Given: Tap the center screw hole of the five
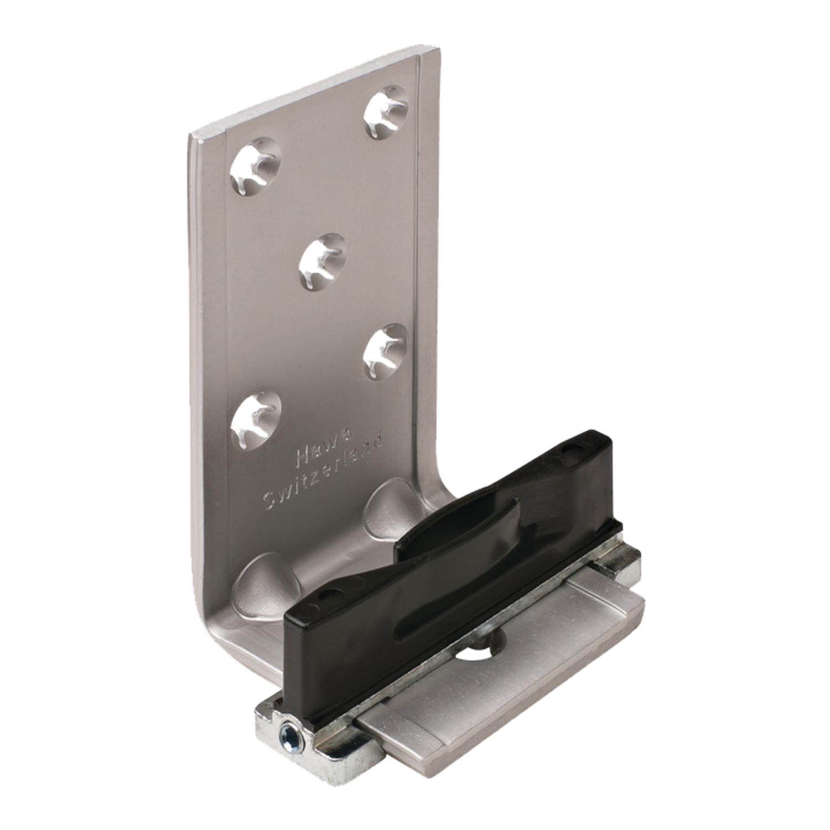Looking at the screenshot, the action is click(x=323, y=262).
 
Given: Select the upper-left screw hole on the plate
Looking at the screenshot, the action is click(x=256, y=166).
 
